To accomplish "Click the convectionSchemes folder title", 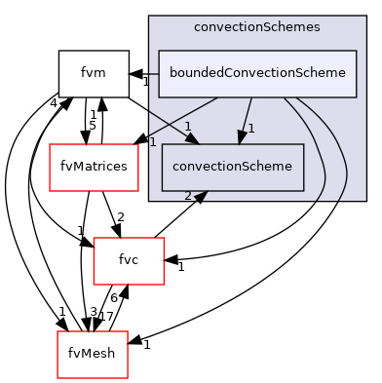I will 256,27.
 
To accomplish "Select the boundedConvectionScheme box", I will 257,73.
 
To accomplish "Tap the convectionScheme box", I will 232,167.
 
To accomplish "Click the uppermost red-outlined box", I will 94,168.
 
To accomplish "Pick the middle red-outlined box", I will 129,261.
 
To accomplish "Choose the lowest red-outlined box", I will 93,355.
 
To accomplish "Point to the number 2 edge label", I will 188,195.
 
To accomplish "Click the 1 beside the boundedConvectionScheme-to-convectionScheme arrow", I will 250,128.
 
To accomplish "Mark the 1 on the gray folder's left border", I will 153,142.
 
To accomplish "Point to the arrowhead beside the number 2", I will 201,196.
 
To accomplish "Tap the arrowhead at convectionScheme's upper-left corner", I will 195,139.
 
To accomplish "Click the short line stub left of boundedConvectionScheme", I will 153,73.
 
